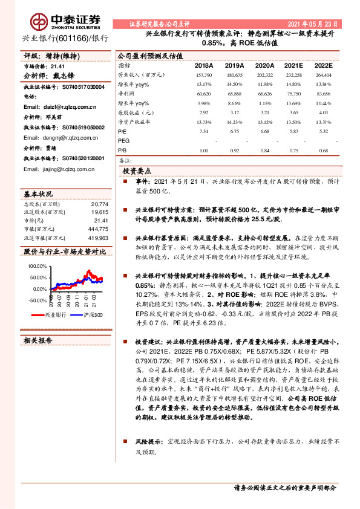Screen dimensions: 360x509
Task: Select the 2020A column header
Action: tap(264, 65)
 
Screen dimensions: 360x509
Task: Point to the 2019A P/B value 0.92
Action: tap(234, 150)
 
